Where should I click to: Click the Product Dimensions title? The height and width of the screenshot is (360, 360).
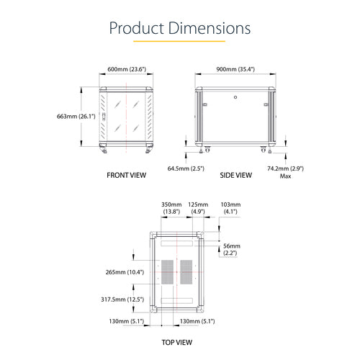pos(179,28)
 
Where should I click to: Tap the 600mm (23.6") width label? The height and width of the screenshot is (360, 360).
pos(127,69)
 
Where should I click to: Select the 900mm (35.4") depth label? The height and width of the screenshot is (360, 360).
pos(235,69)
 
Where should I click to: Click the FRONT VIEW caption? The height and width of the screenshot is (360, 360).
pos(127,175)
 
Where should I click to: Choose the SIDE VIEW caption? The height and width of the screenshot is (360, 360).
pos(235,175)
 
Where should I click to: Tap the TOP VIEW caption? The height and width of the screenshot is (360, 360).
pos(181,344)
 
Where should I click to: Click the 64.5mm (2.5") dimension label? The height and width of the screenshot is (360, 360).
pos(186,168)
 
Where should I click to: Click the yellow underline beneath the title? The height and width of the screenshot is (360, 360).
pos(179,42)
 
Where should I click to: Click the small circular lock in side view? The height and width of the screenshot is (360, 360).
pos(235,94)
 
